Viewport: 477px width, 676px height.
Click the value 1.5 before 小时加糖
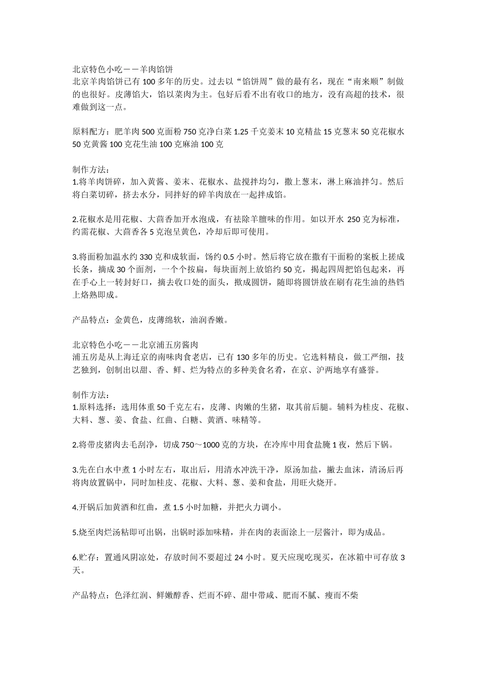click(x=178, y=507)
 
